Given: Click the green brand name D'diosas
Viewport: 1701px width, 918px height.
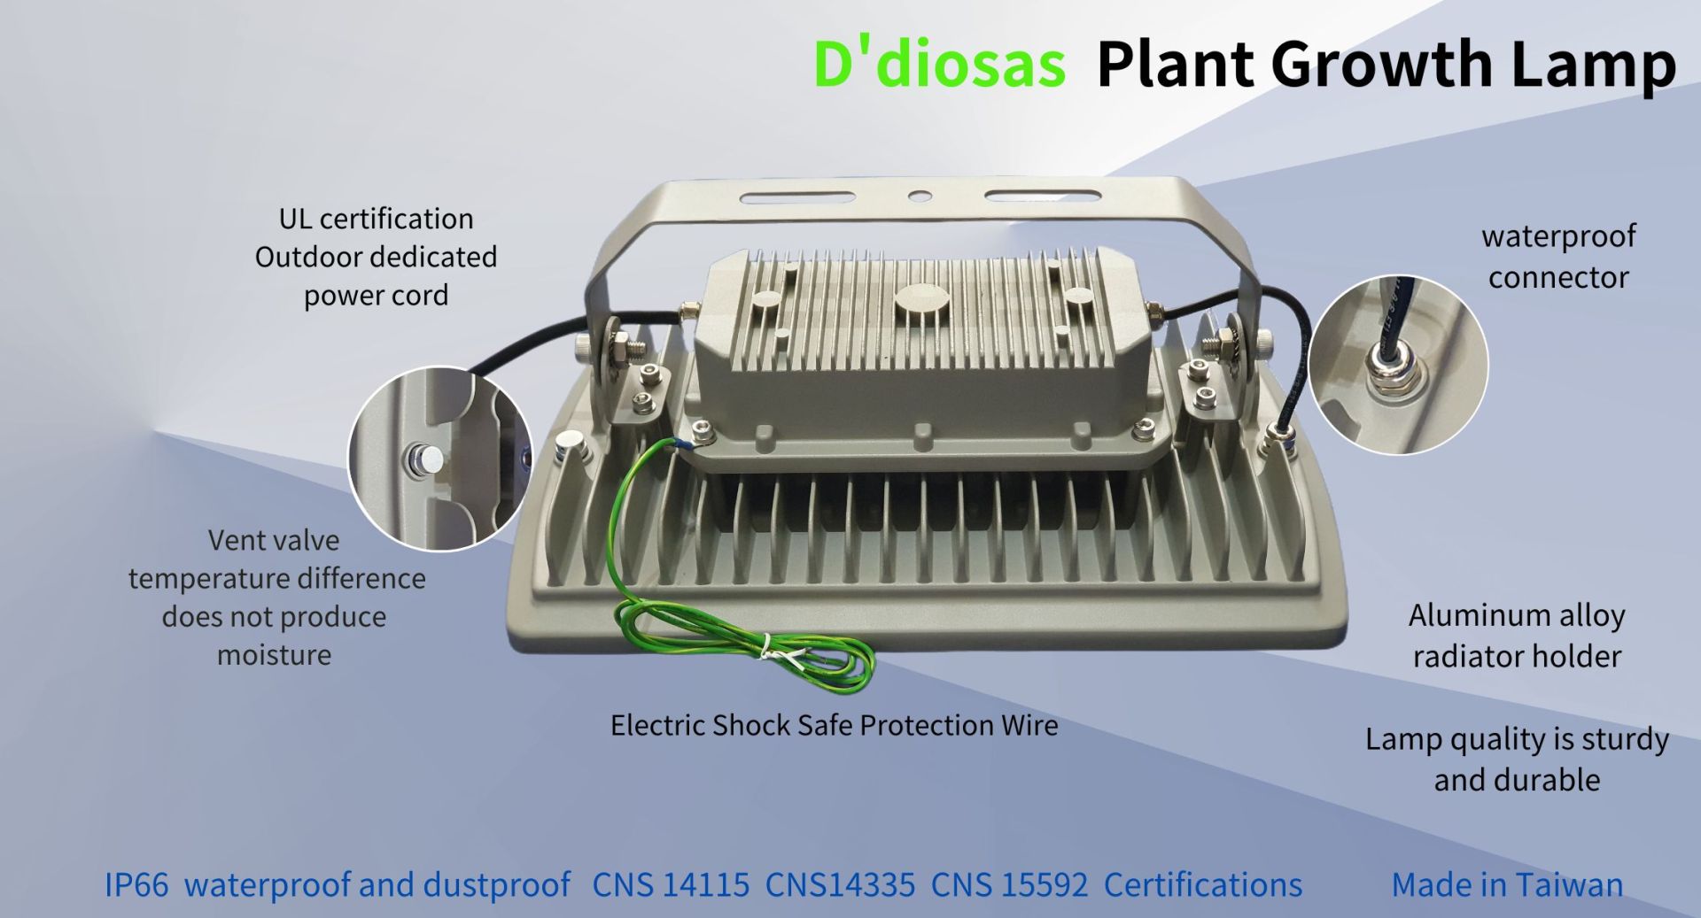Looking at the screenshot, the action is [x=939, y=63].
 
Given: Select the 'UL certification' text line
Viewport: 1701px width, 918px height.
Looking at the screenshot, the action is [x=376, y=219].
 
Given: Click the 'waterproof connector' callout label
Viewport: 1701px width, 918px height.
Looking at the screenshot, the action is [x=1558, y=257].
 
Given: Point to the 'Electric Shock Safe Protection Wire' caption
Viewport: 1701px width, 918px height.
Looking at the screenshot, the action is [x=835, y=725].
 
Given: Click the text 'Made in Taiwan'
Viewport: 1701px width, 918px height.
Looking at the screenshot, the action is [x=1507, y=884].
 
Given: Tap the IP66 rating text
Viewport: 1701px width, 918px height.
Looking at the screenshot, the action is [x=136, y=884].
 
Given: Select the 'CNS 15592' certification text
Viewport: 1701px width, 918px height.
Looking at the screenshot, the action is [x=1009, y=884].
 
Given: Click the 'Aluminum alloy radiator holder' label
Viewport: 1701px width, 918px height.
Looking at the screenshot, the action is [x=1517, y=636].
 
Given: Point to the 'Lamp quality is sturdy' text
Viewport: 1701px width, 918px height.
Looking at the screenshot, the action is [x=1517, y=738].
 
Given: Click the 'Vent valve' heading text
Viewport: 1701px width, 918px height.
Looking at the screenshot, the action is [x=274, y=540].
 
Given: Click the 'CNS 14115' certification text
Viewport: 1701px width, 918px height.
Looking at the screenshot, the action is [x=671, y=884].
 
